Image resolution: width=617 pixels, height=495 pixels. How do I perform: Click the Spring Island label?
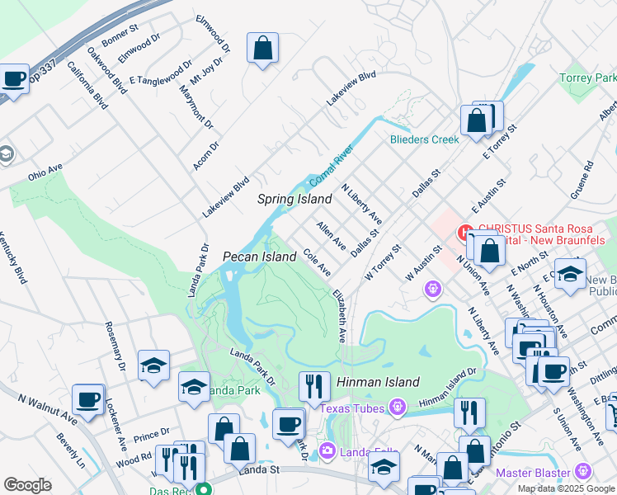click(294, 199)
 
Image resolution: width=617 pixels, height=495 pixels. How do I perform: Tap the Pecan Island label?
click(260, 257)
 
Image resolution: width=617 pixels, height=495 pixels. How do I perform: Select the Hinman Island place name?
click(378, 382)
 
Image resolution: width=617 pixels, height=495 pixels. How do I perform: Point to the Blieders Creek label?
click(424, 139)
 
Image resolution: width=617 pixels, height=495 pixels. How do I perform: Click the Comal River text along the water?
click(331, 167)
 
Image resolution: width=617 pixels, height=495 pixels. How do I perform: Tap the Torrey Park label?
click(588, 78)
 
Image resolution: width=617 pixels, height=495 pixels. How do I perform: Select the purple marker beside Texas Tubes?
click(398, 407)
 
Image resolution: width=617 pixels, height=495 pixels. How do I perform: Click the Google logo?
click(27, 485)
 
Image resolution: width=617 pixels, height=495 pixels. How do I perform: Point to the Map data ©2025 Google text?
click(566, 488)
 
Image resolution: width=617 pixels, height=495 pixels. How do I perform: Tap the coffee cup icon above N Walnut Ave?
click(87, 399)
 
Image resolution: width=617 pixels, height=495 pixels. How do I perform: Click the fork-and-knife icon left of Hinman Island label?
click(313, 385)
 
